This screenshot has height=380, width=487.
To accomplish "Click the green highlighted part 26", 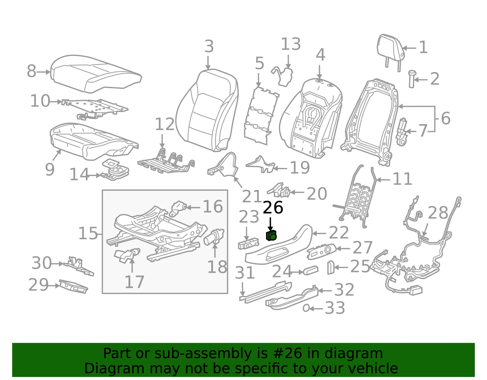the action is tap(271, 235).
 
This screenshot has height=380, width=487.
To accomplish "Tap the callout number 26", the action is tap(273, 207).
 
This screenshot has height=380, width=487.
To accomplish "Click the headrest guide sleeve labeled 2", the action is tap(412, 79).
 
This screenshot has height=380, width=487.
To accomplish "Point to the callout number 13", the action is tap(291, 44).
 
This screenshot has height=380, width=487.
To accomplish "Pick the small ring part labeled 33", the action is tap(306, 308).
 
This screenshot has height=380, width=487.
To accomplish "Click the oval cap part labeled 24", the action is tap(310, 270).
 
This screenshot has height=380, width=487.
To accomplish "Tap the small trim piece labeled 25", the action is tap(331, 267).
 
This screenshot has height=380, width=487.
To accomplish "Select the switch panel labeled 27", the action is tap(321, 251).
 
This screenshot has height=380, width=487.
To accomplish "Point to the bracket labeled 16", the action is tap(178, 208).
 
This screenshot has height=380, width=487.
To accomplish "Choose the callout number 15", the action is tap(88, 233).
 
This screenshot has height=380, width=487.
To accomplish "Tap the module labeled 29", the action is tap(73, 286).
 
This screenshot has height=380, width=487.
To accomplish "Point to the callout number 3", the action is tap(209, 47).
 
